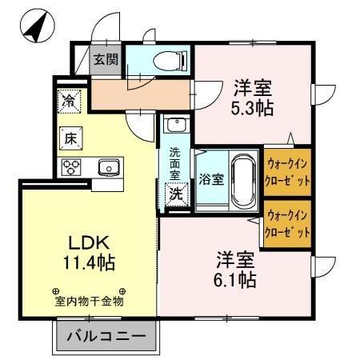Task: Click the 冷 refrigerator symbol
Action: pyautogui.click(x=70, y=102)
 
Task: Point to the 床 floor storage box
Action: pyautogui.click(x=70, y=138)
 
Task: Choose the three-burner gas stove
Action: pyautogui.click(x=71, y=167)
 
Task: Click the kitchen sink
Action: pyautogui.click(x=108, y=167)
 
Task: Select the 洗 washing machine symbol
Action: pyautogui.click(x=174, y=193)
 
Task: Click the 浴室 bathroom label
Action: pyautogui.click(x=210, y=178)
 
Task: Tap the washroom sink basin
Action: pyautogui.click(x=176, y=126)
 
